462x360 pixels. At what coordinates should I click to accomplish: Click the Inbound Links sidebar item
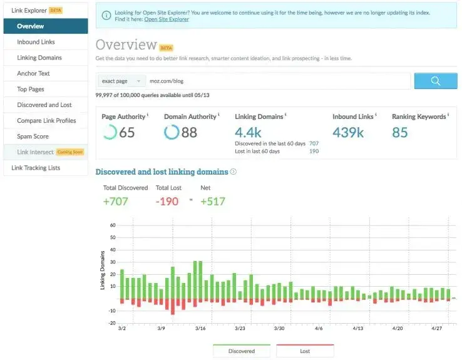click(x=36, y=42)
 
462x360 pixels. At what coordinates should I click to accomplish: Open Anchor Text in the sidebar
click(x=33, y=73)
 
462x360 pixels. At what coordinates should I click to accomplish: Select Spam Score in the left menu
click(x=33, y=136)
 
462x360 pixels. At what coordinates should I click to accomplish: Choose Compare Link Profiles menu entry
click(x=46, y=120)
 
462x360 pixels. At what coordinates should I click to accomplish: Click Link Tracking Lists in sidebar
click(x=36, y=168)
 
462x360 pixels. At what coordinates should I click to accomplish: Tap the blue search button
click(x=436, y=81)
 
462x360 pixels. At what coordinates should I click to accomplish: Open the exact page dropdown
click(x=120, y=81)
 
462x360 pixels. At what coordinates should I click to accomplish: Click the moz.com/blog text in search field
click(x=166, y=81)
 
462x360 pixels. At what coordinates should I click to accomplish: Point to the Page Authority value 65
click(x=127, y=132)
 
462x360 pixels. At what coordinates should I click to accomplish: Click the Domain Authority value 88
click(x=189, y=132)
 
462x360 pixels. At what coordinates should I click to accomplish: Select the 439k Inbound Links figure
click(x=348, y=132)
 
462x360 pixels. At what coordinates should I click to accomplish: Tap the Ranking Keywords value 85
click(x=400, y=132)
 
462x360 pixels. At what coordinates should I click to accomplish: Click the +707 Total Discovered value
click(x=116, y=201)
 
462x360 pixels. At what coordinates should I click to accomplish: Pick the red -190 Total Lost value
click(x=167, y=201)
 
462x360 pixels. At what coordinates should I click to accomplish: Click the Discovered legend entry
click(x=241, y=351)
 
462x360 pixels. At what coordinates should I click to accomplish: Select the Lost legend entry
click(x=305, y=351)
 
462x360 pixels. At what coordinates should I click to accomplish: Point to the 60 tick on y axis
click(x=113, y=225)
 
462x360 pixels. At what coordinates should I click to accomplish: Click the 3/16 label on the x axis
click(x=200, y=328)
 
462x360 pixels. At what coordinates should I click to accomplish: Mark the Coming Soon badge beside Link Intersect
click(x=70, y=152)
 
